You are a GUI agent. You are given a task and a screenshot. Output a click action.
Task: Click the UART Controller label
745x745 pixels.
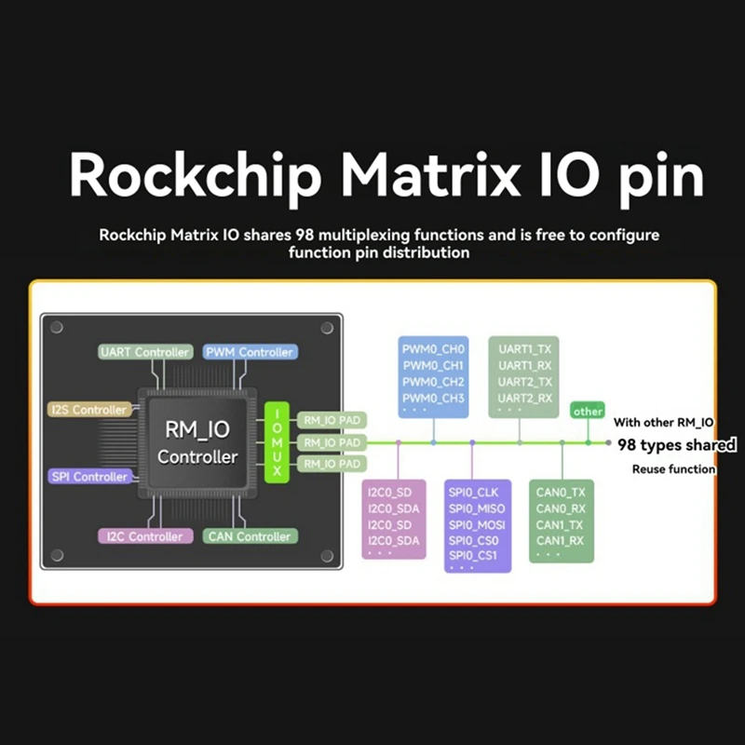(143, 352)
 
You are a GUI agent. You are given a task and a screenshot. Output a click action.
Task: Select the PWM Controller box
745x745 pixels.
(249, 352)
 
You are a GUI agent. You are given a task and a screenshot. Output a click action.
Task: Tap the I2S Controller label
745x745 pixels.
(87, 410)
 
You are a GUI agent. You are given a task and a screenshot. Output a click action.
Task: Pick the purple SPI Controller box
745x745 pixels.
(88, 477)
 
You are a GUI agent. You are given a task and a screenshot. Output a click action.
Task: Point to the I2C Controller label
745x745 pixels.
(142, 536)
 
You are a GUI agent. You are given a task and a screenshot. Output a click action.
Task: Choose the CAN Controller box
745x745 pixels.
(250, 536)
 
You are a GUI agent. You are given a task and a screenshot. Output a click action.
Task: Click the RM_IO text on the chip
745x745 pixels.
(197, 429)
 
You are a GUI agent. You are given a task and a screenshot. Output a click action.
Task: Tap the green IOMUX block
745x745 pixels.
(277, 442)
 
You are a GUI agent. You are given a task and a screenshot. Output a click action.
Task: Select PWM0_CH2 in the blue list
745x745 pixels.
(433, 382)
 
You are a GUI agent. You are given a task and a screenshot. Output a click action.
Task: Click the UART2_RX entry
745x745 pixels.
(525, 399)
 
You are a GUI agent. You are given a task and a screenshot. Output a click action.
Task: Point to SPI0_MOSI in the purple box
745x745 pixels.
(477, 524)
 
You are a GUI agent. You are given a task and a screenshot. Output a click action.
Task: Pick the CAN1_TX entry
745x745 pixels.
(561, 524)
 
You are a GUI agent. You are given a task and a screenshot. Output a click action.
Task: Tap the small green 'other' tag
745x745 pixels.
(588, 411)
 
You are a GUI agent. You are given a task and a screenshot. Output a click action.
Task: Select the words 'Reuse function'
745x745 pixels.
(673, 469)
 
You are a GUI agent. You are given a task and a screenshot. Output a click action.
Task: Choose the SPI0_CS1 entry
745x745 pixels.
(473, 556)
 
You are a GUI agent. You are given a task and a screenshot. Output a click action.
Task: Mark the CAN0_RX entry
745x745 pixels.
(561, 508)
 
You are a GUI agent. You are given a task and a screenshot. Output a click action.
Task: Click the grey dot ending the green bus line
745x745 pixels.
(608, 444)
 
